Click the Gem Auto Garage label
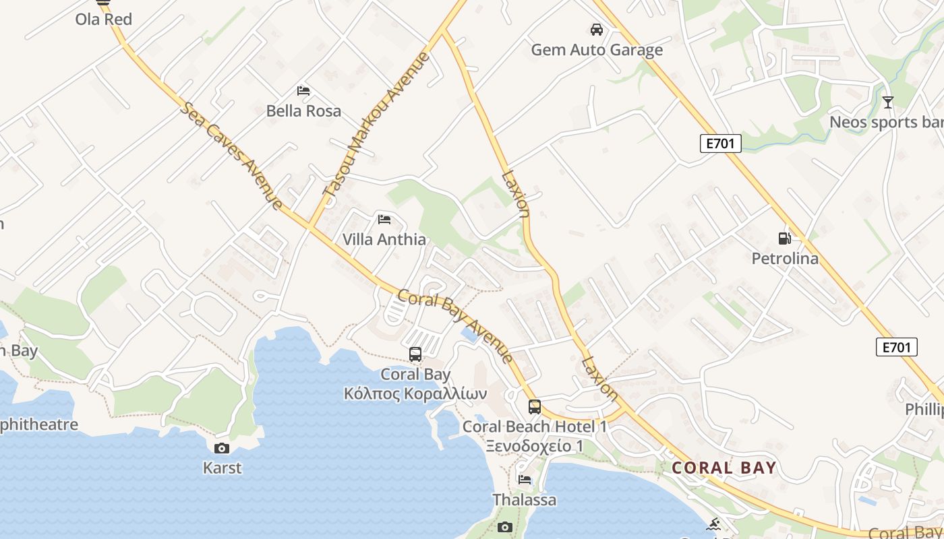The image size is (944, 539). tap(597, 50)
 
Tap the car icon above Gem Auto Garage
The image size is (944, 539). tap(597, 30)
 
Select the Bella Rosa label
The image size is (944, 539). tap(303, 110)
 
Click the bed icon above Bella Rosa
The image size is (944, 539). tap(303, 90)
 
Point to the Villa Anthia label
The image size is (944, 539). tap(384, 239)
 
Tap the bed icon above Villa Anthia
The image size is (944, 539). tap(384, 219)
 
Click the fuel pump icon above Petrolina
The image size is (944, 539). tap(785, 238)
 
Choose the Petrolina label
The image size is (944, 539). tap(785, 258)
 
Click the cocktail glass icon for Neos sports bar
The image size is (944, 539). tap(888, 102)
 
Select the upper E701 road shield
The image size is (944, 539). tap(720, 143)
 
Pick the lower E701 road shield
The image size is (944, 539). tap(897, 347)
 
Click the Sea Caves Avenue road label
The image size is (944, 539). tap(231, 156)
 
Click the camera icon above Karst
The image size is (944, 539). tap(221, 448)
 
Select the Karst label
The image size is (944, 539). tap(222, 467)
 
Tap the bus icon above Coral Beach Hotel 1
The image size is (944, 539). tap(535, 407)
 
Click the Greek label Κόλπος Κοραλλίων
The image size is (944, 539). tap(415, 393)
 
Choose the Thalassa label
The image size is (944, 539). tap(525, 499)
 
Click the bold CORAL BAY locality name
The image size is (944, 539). tap(724, 468)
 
